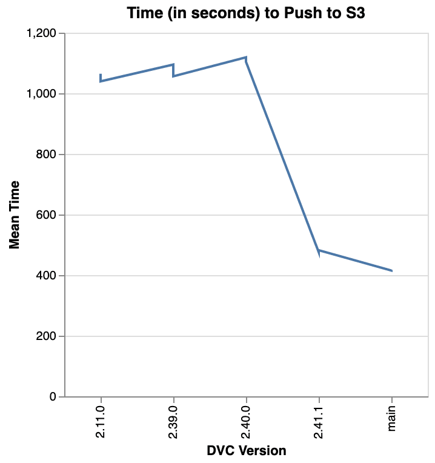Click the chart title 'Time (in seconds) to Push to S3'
[245, 12]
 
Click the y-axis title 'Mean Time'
[15, 215]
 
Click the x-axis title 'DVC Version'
[246, 451]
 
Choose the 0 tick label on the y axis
[53, 398]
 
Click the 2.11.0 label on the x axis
[101, 418]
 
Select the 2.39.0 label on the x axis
[174, 418]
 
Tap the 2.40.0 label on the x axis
[247, 418]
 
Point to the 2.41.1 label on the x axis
[319, 418]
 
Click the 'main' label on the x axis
[392, 414]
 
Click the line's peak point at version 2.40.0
[246, 58]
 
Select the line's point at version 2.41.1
[319, 250]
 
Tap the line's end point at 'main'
[392, 271]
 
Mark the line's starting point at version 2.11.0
[101, 81]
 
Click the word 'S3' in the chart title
[355, 12]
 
